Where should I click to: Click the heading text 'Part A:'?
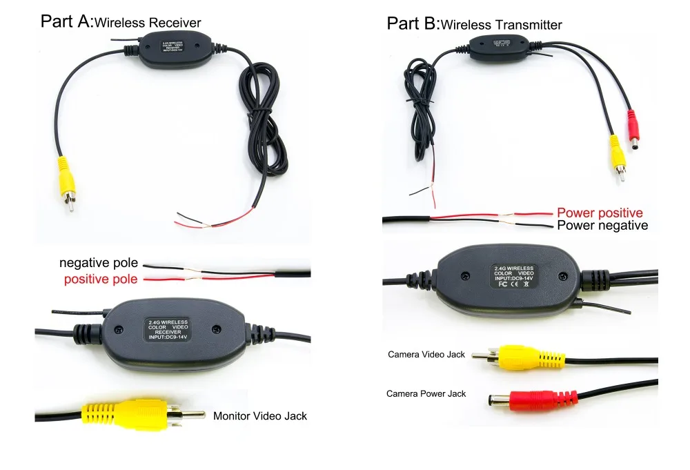tap(66, 21)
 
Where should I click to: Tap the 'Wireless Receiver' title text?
tap(148, 23)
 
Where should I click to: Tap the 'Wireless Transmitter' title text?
tap(501, 26)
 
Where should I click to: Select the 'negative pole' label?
tap(99, 263)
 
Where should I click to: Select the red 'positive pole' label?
tap(101, 279)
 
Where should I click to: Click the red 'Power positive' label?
tap(600, 213)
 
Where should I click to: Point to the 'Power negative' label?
tap(602, 226)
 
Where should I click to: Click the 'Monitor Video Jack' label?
tap(260, 415)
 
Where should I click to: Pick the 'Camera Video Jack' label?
tap(426, 354)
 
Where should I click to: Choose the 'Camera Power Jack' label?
tap(426, 393)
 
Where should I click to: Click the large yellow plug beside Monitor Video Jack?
tap(124, 413)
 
